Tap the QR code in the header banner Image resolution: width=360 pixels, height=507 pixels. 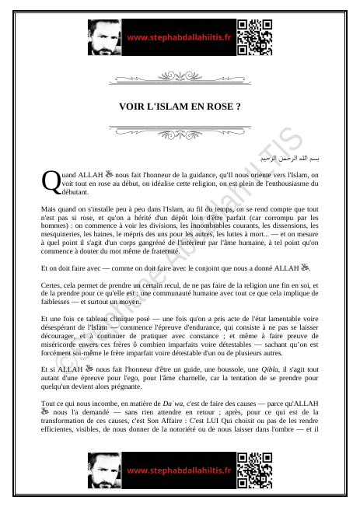click(254, 37)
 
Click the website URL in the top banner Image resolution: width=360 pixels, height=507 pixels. click(179, 37)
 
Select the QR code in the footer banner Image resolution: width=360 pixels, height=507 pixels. click(254, 469)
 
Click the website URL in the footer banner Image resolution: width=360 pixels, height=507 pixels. click(179, 470)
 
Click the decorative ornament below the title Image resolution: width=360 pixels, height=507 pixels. click(180, 129)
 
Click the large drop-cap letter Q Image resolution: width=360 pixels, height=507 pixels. click(50, 182)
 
